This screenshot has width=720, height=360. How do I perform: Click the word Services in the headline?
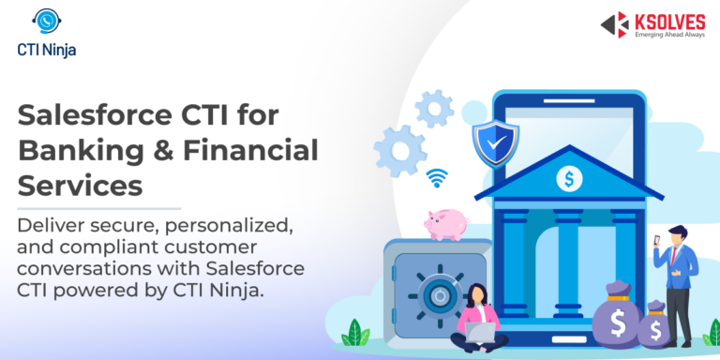[81, 183]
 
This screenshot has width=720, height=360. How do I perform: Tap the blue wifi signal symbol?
[437, 177]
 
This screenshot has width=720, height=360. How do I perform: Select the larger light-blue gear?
[400, 151]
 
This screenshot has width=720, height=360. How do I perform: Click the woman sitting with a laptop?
[477, 317]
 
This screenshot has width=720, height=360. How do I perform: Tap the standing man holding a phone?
[679, 277]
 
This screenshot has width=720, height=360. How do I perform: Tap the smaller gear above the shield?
[434, 109]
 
